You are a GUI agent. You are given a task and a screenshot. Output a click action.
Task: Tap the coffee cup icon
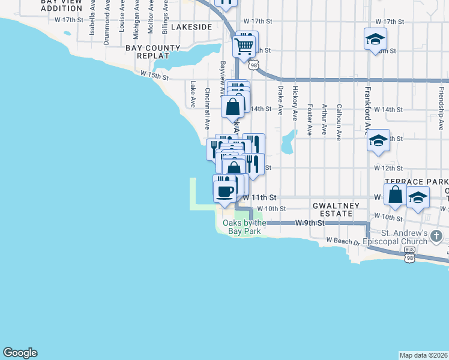tap(225, 191)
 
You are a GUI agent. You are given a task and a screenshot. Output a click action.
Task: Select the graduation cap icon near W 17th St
tap(375, 40)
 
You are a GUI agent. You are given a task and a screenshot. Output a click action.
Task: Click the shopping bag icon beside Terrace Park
tap(396, 194)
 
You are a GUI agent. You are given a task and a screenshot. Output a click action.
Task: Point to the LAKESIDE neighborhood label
tap(191, 27)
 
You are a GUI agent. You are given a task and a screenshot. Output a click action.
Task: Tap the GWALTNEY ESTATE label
tap(336, 209)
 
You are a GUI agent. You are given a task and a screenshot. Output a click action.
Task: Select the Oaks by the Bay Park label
tap(244, 227)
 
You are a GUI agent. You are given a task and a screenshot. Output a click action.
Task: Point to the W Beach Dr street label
tap(342, 241)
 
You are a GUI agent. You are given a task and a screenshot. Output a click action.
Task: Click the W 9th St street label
tap(309, 223)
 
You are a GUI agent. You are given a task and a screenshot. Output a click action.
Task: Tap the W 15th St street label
tap(155, 75)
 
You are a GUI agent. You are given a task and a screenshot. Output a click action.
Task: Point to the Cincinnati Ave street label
tap(207, 109)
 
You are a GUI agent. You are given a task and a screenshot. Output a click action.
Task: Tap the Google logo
tap(20, 353)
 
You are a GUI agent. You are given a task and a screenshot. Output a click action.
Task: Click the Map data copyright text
tap(423, 355)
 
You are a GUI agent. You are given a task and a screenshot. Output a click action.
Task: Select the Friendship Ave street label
tap(441, 102)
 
